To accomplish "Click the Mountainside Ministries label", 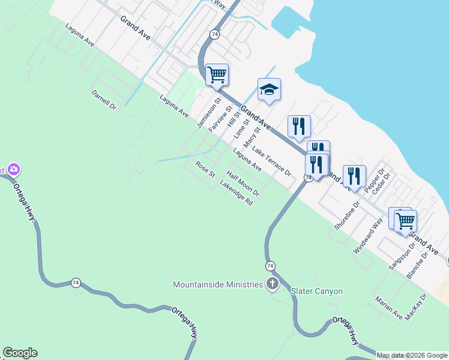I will (217, 284).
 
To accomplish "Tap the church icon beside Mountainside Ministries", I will (273, 284).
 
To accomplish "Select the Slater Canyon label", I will (316, 292).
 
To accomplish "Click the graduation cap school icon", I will (269, 90).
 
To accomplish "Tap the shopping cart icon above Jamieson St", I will (217, 75).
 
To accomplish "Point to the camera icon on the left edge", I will (11, 170).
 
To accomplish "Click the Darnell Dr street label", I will (103, 100).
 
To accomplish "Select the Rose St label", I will (205, 169).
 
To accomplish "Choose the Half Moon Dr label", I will (243, 184).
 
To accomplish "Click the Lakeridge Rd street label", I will (237, 194).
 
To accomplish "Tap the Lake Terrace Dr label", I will (271, 161).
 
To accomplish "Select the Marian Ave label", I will (388, 307).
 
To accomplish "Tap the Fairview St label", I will (220, 118).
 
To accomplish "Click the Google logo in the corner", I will (20, 353).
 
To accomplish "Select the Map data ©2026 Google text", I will (412, 355).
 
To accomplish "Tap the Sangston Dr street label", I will (403, 256).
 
